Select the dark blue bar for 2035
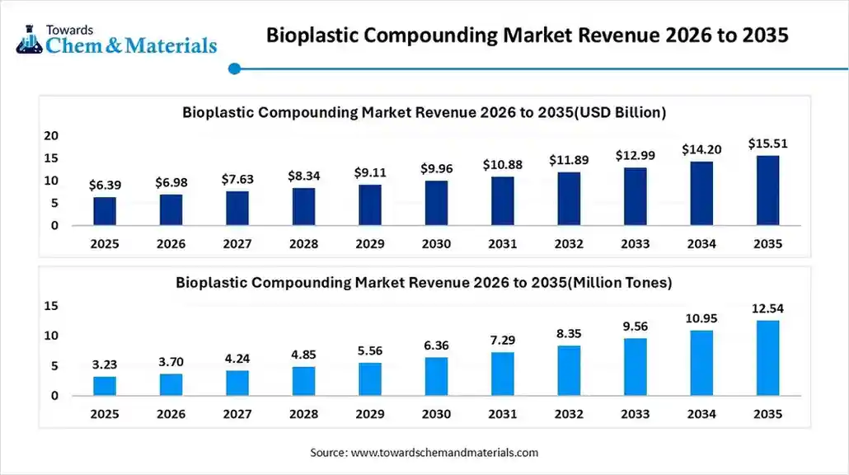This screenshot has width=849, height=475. click(767, 190)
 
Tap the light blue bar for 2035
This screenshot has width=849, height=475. click(767, 358)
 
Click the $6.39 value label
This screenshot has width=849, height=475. click(105, 186)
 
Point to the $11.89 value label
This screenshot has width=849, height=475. click(568, 161)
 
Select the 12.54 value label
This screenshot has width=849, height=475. click(767, 308)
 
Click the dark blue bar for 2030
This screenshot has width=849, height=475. click(436, 203)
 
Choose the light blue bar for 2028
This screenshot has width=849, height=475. click(303, 381)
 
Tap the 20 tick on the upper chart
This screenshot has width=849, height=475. click(52, 135)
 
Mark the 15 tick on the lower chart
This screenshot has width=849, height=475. click(52, 306)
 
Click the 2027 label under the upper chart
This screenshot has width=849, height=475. click(237, 244)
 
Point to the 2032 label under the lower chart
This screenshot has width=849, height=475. click(568, 413)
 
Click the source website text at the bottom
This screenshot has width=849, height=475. click(424, 453)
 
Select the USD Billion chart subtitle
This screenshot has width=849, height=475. click(424, 112)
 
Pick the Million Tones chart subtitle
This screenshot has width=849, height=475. click(424, 283)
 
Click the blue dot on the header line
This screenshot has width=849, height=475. click(234, 69)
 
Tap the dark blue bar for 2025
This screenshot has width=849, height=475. click(105, 211)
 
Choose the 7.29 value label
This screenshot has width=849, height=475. click(502, 341)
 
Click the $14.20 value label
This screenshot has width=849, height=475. click(701, 150)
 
